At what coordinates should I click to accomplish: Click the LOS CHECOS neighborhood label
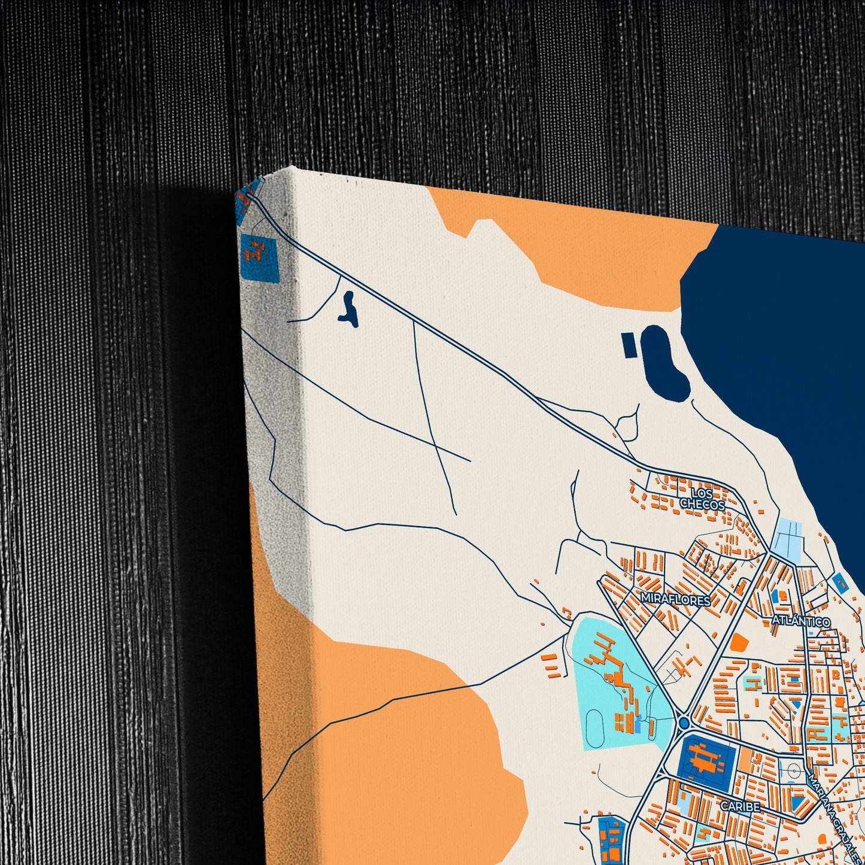tap(702, 499)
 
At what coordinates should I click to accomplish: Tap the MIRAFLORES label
tap(675, 599)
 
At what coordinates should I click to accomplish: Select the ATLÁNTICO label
tap(800, 621)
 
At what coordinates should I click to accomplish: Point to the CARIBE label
tap(740, 806)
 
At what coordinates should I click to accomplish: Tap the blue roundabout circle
tap(684, 724)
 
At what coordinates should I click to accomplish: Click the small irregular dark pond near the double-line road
tap(348, 311)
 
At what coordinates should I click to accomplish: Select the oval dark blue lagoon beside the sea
tap(665, 363)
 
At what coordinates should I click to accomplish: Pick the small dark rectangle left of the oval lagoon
tap(629, 345)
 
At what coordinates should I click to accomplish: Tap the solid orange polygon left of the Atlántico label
tap(739, 642)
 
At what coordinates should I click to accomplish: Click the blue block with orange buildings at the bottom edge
tap(612, 841)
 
